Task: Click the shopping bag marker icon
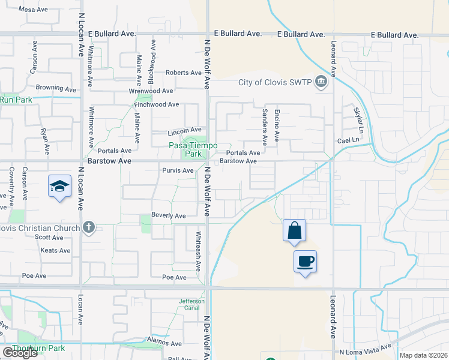294,230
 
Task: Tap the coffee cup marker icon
305,262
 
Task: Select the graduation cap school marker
60,187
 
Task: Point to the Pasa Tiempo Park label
193,150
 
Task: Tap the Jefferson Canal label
192,305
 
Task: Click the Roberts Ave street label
184,73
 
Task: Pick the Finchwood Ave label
156,104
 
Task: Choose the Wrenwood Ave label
151,91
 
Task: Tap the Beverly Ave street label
168,215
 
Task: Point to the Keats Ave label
56,251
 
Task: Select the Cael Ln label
347,140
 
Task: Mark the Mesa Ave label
33,10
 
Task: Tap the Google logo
20,353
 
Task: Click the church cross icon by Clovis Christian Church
89,227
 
